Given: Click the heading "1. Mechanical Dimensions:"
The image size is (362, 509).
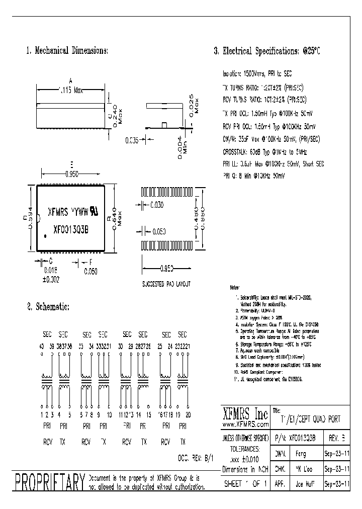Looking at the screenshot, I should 67,51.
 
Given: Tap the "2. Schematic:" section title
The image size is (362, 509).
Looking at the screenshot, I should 48,307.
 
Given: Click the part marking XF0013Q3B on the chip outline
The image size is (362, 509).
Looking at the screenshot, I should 71,227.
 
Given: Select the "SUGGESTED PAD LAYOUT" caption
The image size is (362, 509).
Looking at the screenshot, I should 166,284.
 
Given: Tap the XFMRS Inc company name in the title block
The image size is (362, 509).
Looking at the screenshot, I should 245,414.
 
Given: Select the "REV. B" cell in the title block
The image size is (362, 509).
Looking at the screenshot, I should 337,438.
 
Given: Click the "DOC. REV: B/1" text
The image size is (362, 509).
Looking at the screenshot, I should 196,460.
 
